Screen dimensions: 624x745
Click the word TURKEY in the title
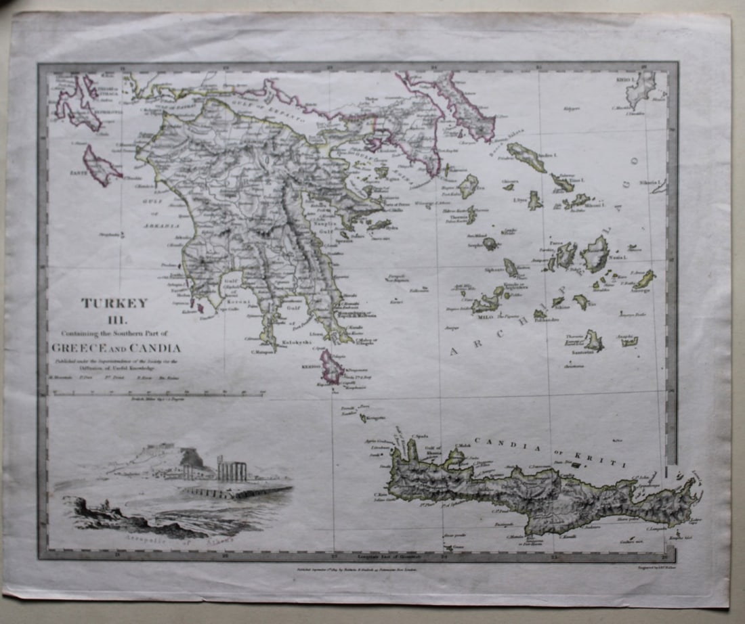(x=114, y=303)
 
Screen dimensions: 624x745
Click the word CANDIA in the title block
(x=156, y=349)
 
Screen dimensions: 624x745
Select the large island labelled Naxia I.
(x=595, y=254)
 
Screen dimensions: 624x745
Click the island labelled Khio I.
(x=640, y=89)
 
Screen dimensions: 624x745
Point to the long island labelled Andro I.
(x=526, y=157)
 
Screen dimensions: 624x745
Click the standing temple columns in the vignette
(x=232, y=468)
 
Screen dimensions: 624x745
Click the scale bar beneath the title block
(x=156, y=393)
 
